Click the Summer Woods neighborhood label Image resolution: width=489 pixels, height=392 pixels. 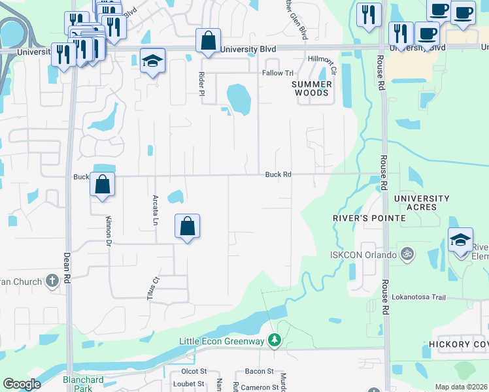point(312,88)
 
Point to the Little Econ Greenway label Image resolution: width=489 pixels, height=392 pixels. point(222,341)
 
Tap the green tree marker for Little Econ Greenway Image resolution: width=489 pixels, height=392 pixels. point(275,340)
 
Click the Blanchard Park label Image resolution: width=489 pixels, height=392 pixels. point(83,384)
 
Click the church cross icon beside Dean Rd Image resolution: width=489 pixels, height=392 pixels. point(52,282)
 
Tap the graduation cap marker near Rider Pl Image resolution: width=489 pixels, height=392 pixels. point(153,62)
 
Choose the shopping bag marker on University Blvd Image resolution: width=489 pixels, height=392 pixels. point(207,41)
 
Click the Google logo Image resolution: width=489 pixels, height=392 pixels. point(22,384)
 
